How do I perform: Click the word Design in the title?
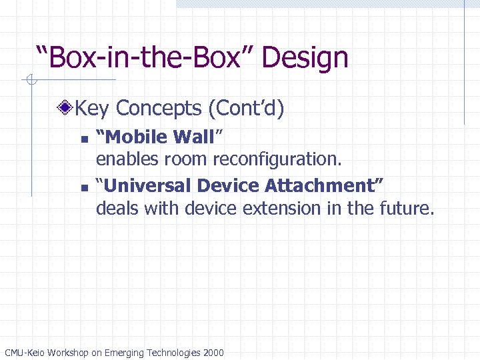305,58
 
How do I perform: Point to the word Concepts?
158,108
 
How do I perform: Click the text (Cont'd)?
246,108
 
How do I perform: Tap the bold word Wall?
193,137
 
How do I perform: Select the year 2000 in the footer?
212,352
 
